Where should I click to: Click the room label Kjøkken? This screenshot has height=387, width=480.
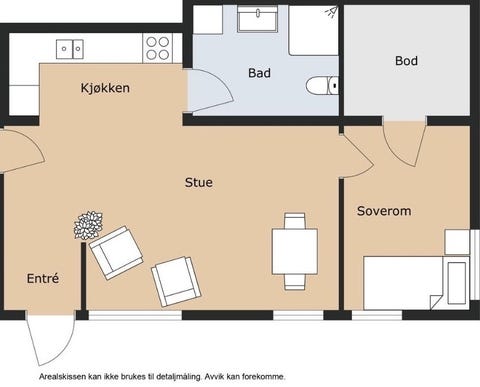click(x=105, y=88)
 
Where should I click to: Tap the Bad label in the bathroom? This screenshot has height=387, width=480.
click(x=259, y=73)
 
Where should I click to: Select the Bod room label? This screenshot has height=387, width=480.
click(x=406, y=61)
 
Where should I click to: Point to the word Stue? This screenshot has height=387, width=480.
click(x=198, y=182)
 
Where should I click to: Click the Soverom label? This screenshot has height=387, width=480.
click(x=384, y=211)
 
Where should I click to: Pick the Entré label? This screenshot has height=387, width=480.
click(x=42, y=278)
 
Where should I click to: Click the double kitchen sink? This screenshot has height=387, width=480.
click(x=70, y=47)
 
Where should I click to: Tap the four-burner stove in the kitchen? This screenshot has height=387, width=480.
click(x=157, y=47)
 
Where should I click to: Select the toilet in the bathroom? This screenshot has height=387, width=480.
click(x=323, y=86)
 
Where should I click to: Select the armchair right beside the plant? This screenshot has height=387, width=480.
click(x=115, y=252)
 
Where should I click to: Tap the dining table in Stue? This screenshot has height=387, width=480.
click(x=294, y=251)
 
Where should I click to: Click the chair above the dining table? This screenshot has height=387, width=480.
click(x=294, y=221)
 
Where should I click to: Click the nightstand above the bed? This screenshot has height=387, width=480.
click(x=457, y=242)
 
